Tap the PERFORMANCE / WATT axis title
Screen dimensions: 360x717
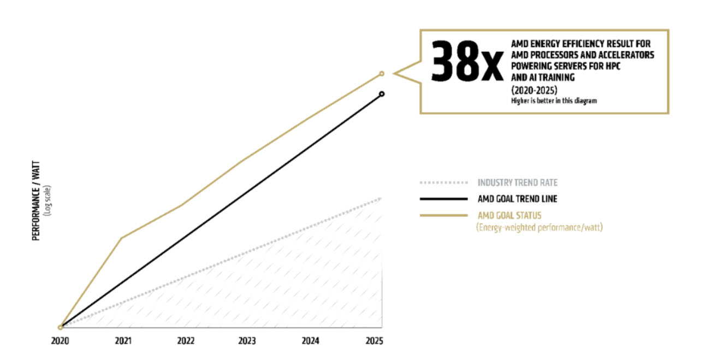pyautogui.click(x=37, y=201)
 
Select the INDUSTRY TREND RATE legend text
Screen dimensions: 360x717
pyautogui.click(x=518, y=182)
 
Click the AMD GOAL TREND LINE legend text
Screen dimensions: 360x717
pyautogui.click(x=517, y=199)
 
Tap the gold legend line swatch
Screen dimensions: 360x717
pyautogui.click(x=443, y=215)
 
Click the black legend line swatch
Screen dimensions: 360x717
pyautogui.click(x=443, y=199)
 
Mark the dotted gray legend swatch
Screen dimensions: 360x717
pyautogui.click(x=443, y=182)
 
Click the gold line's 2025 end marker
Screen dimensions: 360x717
pyautogui.click(x=382, y=73)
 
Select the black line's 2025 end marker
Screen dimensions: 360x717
pyautogui.click(x=382, y=94)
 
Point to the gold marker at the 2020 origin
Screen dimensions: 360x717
pyautogui.click(x=60, y=327)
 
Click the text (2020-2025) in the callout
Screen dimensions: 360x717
pyautogui.click(x=534, y=90)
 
